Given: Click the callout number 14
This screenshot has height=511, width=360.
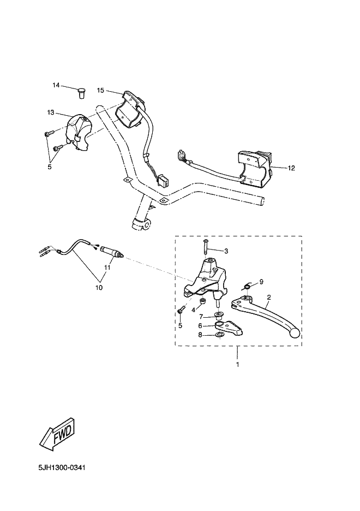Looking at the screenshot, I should click(x=56, y=85).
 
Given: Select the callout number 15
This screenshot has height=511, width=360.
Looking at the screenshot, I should click(x=100, y=90).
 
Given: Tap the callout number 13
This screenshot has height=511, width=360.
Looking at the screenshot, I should click(x=51, y=112).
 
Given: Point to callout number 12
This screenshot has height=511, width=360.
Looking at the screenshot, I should click(x=291, y=168).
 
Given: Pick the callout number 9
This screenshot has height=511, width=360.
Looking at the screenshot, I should click(x=261, y=282).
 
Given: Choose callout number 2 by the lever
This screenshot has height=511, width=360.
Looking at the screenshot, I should click(x=268, y=298).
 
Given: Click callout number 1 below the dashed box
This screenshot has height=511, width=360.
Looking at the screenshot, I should click(x=237, y=364).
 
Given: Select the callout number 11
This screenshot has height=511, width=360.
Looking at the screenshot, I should click(x=107, y=268).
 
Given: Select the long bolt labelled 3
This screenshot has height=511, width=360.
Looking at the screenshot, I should click(x=205, y=246).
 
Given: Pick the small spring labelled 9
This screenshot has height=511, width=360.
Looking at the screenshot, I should click(x=247, y=286).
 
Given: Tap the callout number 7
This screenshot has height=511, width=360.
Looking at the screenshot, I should click(x=201, y=316).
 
